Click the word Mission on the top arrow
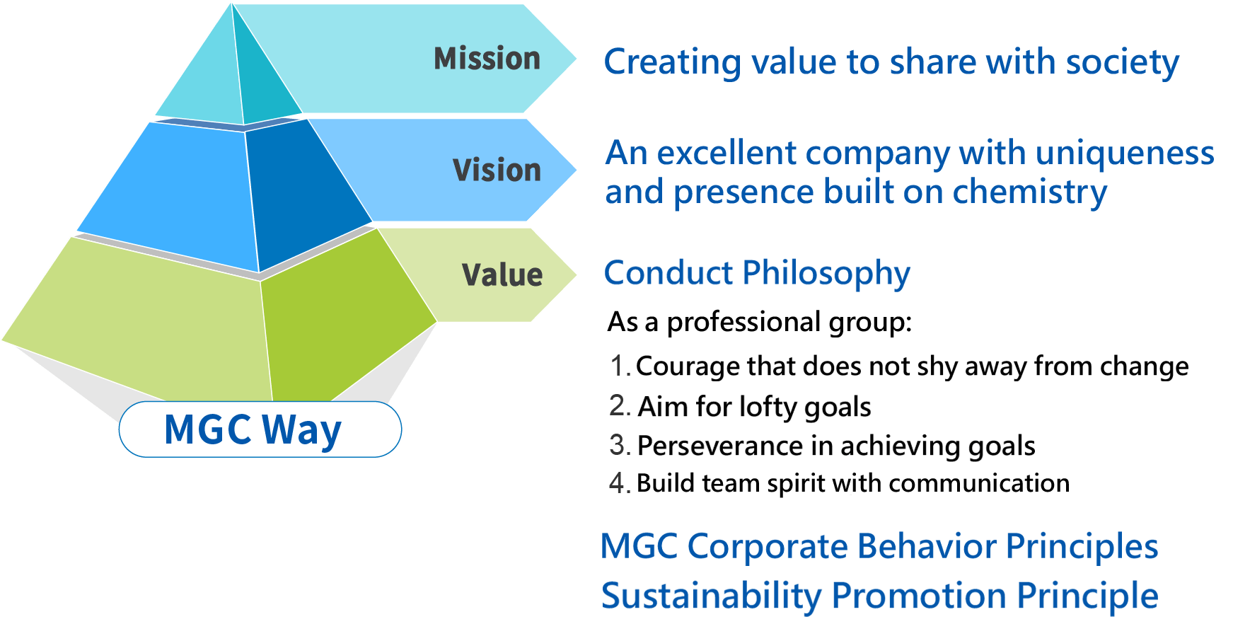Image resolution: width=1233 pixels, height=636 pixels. pyautogui.click(x=487, y=59)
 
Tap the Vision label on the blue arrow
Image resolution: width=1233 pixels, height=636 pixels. pyautogui.click(x=497, y=170)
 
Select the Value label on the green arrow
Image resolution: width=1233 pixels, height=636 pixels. pyautogui.click(x=502, y=275)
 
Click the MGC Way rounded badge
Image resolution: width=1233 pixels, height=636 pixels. pyautogui.click(x=260, y=429)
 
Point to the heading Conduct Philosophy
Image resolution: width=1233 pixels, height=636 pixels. pyautogui.click(x=756, y=273)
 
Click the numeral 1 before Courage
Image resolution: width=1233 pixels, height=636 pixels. pyautogui.click(x=618, y=366)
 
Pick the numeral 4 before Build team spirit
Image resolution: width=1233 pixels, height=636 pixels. pyautogui.click(x=618, y=484)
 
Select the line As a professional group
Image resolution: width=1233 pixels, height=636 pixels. pyautogui.click(x=759, y=323)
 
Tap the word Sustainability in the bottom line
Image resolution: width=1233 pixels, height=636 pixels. pyautogui.click(x=711, y=596)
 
